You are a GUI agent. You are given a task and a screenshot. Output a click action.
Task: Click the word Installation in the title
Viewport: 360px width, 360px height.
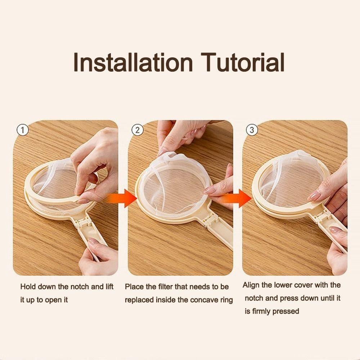click(x=133, y=62)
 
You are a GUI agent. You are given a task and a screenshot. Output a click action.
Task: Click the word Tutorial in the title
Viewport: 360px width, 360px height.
click(x=243, y=62)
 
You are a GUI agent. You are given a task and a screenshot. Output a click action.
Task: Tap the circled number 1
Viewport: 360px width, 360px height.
click(x=23, y=130)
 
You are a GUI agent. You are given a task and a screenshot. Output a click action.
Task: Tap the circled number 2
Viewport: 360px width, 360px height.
click(x=138, y=130)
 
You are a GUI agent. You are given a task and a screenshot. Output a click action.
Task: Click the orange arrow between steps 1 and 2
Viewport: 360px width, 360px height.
click(x=123, y=198)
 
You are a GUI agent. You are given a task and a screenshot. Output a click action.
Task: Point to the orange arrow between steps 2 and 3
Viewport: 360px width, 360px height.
click(x=238, y=198)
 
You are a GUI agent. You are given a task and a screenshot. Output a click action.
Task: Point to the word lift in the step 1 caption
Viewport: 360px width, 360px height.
click(x=109, y=287)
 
